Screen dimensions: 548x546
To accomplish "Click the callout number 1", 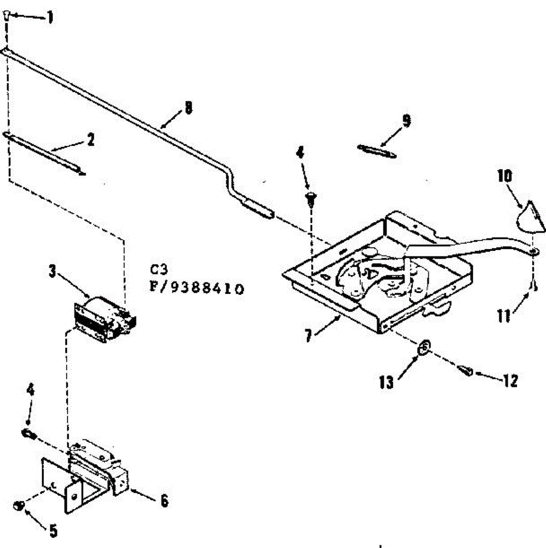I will click(x=50, y=18).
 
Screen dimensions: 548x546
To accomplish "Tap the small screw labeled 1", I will click(x=6, y=16).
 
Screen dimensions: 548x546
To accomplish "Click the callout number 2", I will click(x=91, y=139).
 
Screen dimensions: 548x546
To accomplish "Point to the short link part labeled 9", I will click(x=377, y=151).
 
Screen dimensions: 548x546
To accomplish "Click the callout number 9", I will click(x=406, y=121).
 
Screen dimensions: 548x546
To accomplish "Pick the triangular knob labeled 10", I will click(x=530, y=215).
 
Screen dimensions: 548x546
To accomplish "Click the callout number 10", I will click(x=505, y=176).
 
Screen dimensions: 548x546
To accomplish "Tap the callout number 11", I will click(x=503, y=316).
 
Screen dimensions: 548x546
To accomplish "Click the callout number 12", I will click(x=510, y=380).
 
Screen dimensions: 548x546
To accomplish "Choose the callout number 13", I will click(x=386, y=382).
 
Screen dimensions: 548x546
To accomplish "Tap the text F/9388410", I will click(x=197, y=289).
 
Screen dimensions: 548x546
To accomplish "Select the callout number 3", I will click(x=53, y=272).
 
